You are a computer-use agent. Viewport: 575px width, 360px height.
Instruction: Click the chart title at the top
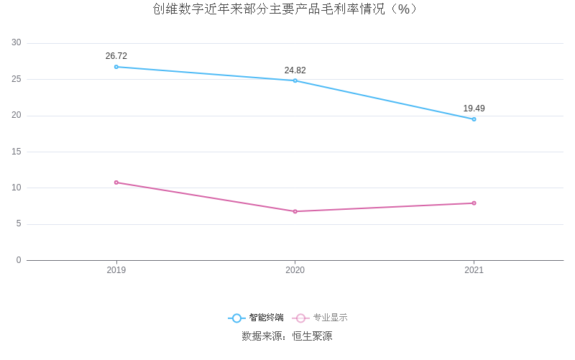(285, 9)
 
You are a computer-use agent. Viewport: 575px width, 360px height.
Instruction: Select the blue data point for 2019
(116, 67)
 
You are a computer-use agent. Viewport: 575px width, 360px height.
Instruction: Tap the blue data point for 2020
(295, 80)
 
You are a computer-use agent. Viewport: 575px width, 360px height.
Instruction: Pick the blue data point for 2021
(474, 119)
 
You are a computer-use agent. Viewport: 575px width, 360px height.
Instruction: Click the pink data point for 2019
(116, 183)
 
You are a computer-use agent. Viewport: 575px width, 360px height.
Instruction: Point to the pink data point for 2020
(295, 211)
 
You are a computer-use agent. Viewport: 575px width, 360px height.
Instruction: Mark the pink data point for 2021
(474, 203)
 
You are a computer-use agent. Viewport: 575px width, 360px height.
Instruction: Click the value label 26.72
(116, 56)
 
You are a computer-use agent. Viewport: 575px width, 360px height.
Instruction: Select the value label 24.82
(295, 70)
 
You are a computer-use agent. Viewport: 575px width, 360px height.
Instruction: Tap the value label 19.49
(474, 109)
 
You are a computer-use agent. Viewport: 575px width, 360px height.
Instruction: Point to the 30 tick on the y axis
(17, 43)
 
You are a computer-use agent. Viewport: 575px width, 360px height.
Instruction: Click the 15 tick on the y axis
(17, 152)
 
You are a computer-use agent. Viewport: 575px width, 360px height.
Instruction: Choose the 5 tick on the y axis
(19, 224)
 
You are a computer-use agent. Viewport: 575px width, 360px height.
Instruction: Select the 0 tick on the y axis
(19, 260)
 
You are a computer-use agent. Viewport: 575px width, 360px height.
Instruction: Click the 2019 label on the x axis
(116, 270)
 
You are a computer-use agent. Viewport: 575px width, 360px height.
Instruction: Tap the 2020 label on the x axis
(295, 270)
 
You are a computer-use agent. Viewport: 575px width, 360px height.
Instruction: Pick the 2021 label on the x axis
(474, 270)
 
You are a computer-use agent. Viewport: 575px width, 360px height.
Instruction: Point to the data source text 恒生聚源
(312, 336)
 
